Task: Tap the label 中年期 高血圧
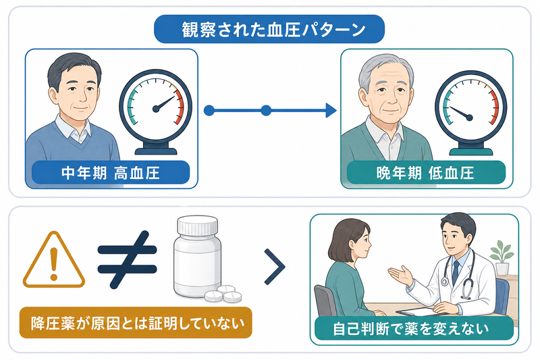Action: pyautogui.click(x=111, y=173)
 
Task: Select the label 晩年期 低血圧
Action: pyautogui.click(x=426, y=173)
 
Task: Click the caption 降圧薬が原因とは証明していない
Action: pyautogui.click(x=138, y=323)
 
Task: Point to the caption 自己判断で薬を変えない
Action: pyautogui.click(x=411, y=329)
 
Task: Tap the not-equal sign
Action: pyautogui.click(x=127, y=259)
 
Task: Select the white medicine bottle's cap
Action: pyautogui.click(x=198, y=225)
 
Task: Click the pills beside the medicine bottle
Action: pyautogui.click(x=223, y=294)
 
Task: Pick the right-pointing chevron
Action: pyautogui.click(x=275, y=267)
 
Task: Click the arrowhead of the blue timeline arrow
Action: pyautogui.click(x=331, y=111)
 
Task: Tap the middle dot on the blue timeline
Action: pyautogui.click(x=266, y=111)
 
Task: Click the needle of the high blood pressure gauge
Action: pyautogui.click(x=165, y=103)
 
